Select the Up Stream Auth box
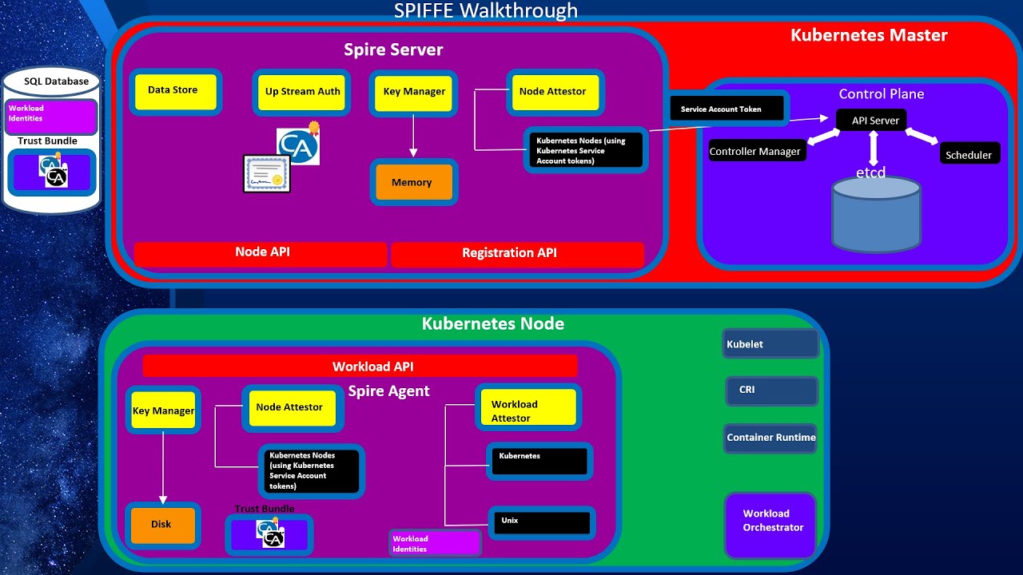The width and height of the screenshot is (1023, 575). (302, 93)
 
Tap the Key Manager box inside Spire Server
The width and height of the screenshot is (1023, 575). (414, 93)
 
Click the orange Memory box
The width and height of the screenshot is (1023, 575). (412, 182)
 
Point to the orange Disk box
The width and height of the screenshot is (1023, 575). (162, 525)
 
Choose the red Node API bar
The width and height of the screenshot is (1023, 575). (261, 253)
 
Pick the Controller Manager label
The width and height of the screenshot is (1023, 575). (755, 152)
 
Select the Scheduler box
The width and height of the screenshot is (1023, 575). (969, 155)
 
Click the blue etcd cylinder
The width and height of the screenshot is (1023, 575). (876, 214)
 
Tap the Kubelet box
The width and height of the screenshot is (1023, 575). (770, 344)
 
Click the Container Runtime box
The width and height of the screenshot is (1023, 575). (770, 438)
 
